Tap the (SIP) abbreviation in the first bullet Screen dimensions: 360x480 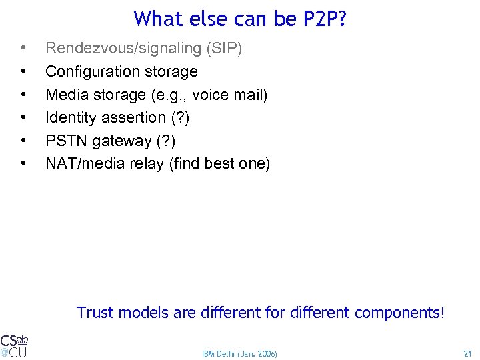[224, 49]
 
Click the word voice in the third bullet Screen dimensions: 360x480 [211, 95]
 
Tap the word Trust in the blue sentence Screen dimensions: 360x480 [94, 312]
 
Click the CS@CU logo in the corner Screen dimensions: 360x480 [14, 345]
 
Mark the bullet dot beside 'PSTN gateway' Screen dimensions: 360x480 [24, 141]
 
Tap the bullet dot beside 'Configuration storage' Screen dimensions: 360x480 [24, 71]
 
